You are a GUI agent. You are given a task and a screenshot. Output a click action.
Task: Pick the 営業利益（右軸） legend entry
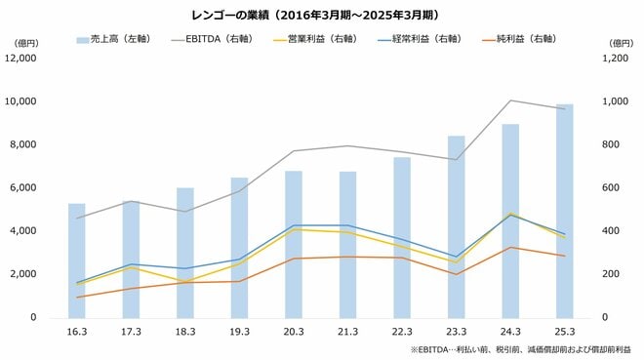coord(320,39)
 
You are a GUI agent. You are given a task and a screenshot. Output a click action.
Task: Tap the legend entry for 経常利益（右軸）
coord(427,39)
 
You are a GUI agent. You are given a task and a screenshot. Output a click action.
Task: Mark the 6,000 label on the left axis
coord(25,187)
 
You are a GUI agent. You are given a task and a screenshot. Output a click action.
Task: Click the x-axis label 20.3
coord(294,332)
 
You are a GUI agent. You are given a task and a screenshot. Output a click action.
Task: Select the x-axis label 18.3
coord(185,332)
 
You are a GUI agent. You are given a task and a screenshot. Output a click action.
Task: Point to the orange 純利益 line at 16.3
coord(77,297)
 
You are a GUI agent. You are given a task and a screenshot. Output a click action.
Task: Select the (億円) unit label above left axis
coord(25,43)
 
